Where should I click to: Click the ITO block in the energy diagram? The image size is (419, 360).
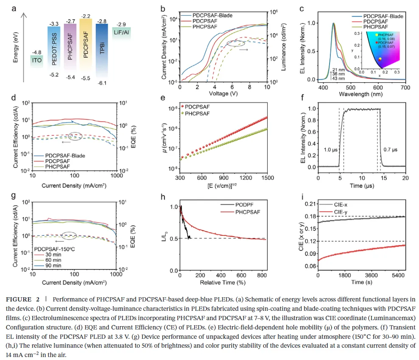(37, 60)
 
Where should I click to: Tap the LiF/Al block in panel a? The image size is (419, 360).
(122, 32)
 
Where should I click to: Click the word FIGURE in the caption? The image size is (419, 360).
(18, 299)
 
